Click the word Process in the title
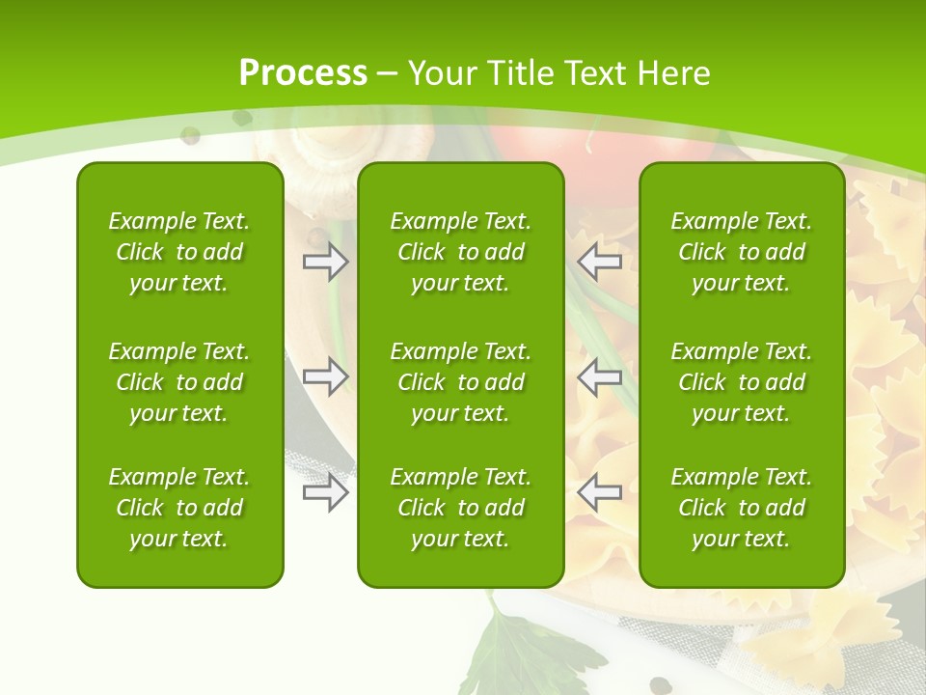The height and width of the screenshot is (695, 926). click(x=303, y=72)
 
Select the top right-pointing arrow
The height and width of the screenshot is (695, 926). click(x=325, y=261)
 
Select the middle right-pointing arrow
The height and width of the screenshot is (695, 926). click(x=325, y=376)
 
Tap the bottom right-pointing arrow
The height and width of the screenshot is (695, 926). click(x=325, y=492)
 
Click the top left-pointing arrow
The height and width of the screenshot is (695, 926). click(x=600, y=261)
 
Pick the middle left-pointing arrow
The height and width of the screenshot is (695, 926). click(x=600, y=376)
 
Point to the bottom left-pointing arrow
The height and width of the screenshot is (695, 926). click(x=600, y=492)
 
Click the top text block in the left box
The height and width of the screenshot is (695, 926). click(x=179, y=252)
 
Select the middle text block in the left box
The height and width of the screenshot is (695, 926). click(x=179, y=382)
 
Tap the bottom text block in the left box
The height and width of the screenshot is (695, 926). click(x=179, y=508)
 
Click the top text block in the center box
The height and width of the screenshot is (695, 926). click(x=461, y=252)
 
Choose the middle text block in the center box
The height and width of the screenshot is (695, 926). click(x=461, y=382)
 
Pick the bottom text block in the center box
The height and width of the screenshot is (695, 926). click(x=461, y=508)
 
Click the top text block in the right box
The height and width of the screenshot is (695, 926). click(x=742, y=252)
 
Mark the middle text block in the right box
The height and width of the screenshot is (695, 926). click(x=742, y=382)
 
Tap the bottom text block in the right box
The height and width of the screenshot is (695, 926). click(x=742, y=508)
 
